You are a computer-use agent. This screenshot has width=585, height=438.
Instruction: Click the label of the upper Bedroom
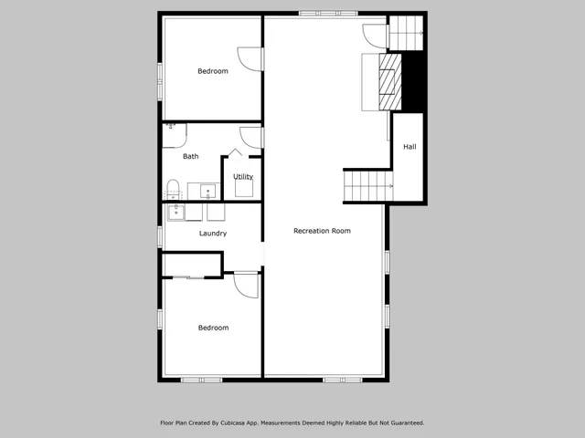(213, 71)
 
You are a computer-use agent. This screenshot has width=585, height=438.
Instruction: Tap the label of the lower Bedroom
(214, 328)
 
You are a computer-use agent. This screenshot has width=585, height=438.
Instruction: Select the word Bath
(190, 156)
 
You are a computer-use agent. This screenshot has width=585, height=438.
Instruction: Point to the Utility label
(243, 176)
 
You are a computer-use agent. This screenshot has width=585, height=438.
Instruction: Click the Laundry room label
(213, 234)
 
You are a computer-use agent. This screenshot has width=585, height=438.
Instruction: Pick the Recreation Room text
(322, 231)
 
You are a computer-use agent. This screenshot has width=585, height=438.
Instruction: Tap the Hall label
(409, 146)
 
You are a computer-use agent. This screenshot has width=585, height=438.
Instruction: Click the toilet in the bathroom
(172, 190)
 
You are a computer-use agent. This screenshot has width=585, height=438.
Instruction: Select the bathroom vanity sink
(208, 192)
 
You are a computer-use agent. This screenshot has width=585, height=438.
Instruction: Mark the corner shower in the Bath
(173, 133)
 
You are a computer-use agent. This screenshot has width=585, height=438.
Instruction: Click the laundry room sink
(174, 213)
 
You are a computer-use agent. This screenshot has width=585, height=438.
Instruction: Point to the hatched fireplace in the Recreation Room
(390, 81)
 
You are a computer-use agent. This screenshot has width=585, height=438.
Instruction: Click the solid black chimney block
(413, 81)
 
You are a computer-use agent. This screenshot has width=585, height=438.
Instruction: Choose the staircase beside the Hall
(367, 187)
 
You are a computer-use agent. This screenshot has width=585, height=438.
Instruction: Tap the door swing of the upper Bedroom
(250, 59)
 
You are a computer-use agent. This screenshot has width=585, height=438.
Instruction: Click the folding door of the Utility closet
(234, 153)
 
